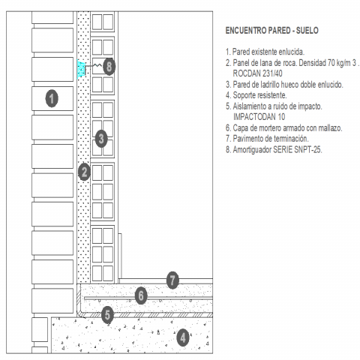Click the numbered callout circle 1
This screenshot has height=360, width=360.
(x=52, y=98)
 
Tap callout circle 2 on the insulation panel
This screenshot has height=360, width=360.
(x=84, y=172)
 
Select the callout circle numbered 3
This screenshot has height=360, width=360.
(x=101, y=139)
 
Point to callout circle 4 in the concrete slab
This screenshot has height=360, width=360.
(x=183, y=337)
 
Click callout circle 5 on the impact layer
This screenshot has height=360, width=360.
(x=107, y=315)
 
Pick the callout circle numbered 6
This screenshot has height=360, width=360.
(x=141, y=295)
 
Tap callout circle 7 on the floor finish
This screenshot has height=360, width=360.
(x=172, y=280)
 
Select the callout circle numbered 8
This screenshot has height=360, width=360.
(x=109, y=67)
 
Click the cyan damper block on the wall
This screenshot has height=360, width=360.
(x=81, y=69)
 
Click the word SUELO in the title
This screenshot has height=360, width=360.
(x=307, y=31)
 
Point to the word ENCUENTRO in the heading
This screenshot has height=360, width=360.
(x=246, y=31)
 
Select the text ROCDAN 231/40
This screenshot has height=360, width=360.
(x=257, y=73)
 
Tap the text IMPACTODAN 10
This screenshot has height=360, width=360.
(x=259, y=117)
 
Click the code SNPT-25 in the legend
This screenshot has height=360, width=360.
(x=307, y=149)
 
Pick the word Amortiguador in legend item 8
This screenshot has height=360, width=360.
(x=252, y=149)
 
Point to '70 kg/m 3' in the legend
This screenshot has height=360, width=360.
(x=342, y=63)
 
